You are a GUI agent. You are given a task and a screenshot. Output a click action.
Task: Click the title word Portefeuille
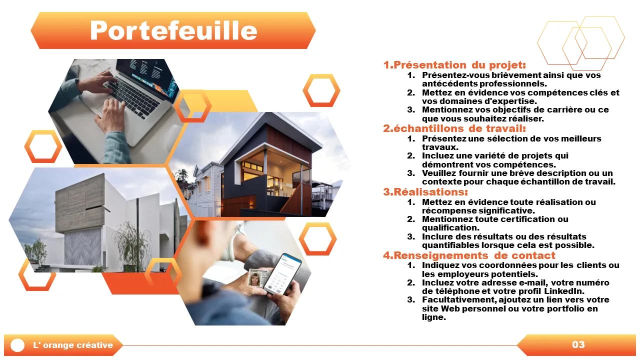[x=173, y=30]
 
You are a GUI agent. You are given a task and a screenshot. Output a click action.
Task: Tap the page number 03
[x=578, y=344]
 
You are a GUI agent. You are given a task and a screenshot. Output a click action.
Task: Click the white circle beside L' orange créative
[x=17, y=345]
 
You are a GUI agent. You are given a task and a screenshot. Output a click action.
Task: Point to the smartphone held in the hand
[x=281, y=274]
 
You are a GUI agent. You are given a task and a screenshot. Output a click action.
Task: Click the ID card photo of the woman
[x=254, y=279]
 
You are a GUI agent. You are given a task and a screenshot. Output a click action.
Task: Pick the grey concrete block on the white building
[x=80, y=202]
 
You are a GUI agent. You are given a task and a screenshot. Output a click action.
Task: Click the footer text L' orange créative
[x=73, y=345]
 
